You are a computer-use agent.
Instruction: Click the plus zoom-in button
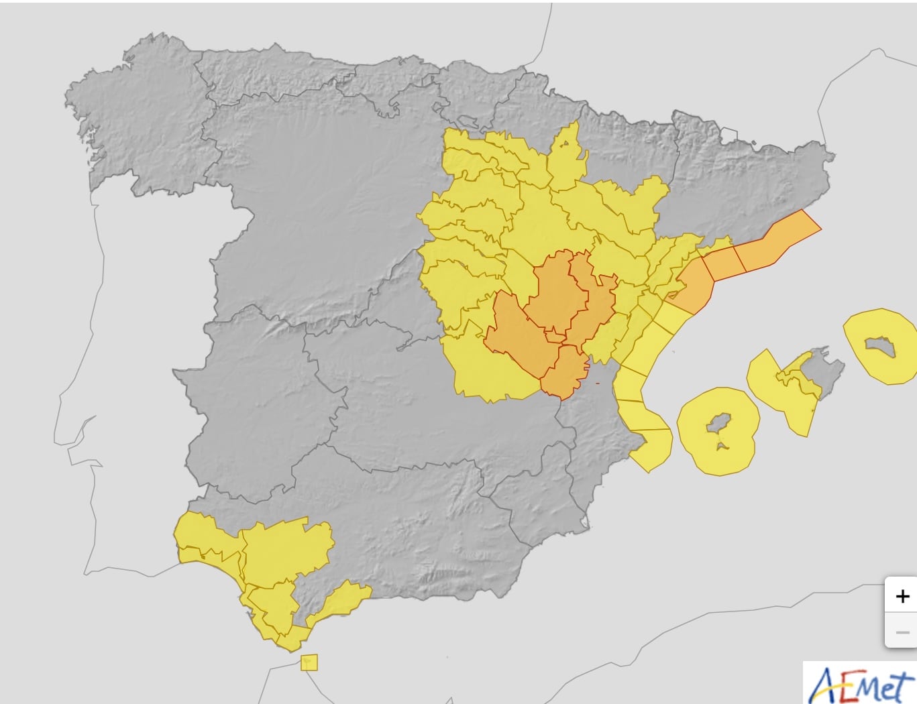(x=902, y=595)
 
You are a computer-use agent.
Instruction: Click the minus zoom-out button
(x=902, y=632)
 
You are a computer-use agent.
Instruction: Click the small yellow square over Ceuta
(x=309, y=662)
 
